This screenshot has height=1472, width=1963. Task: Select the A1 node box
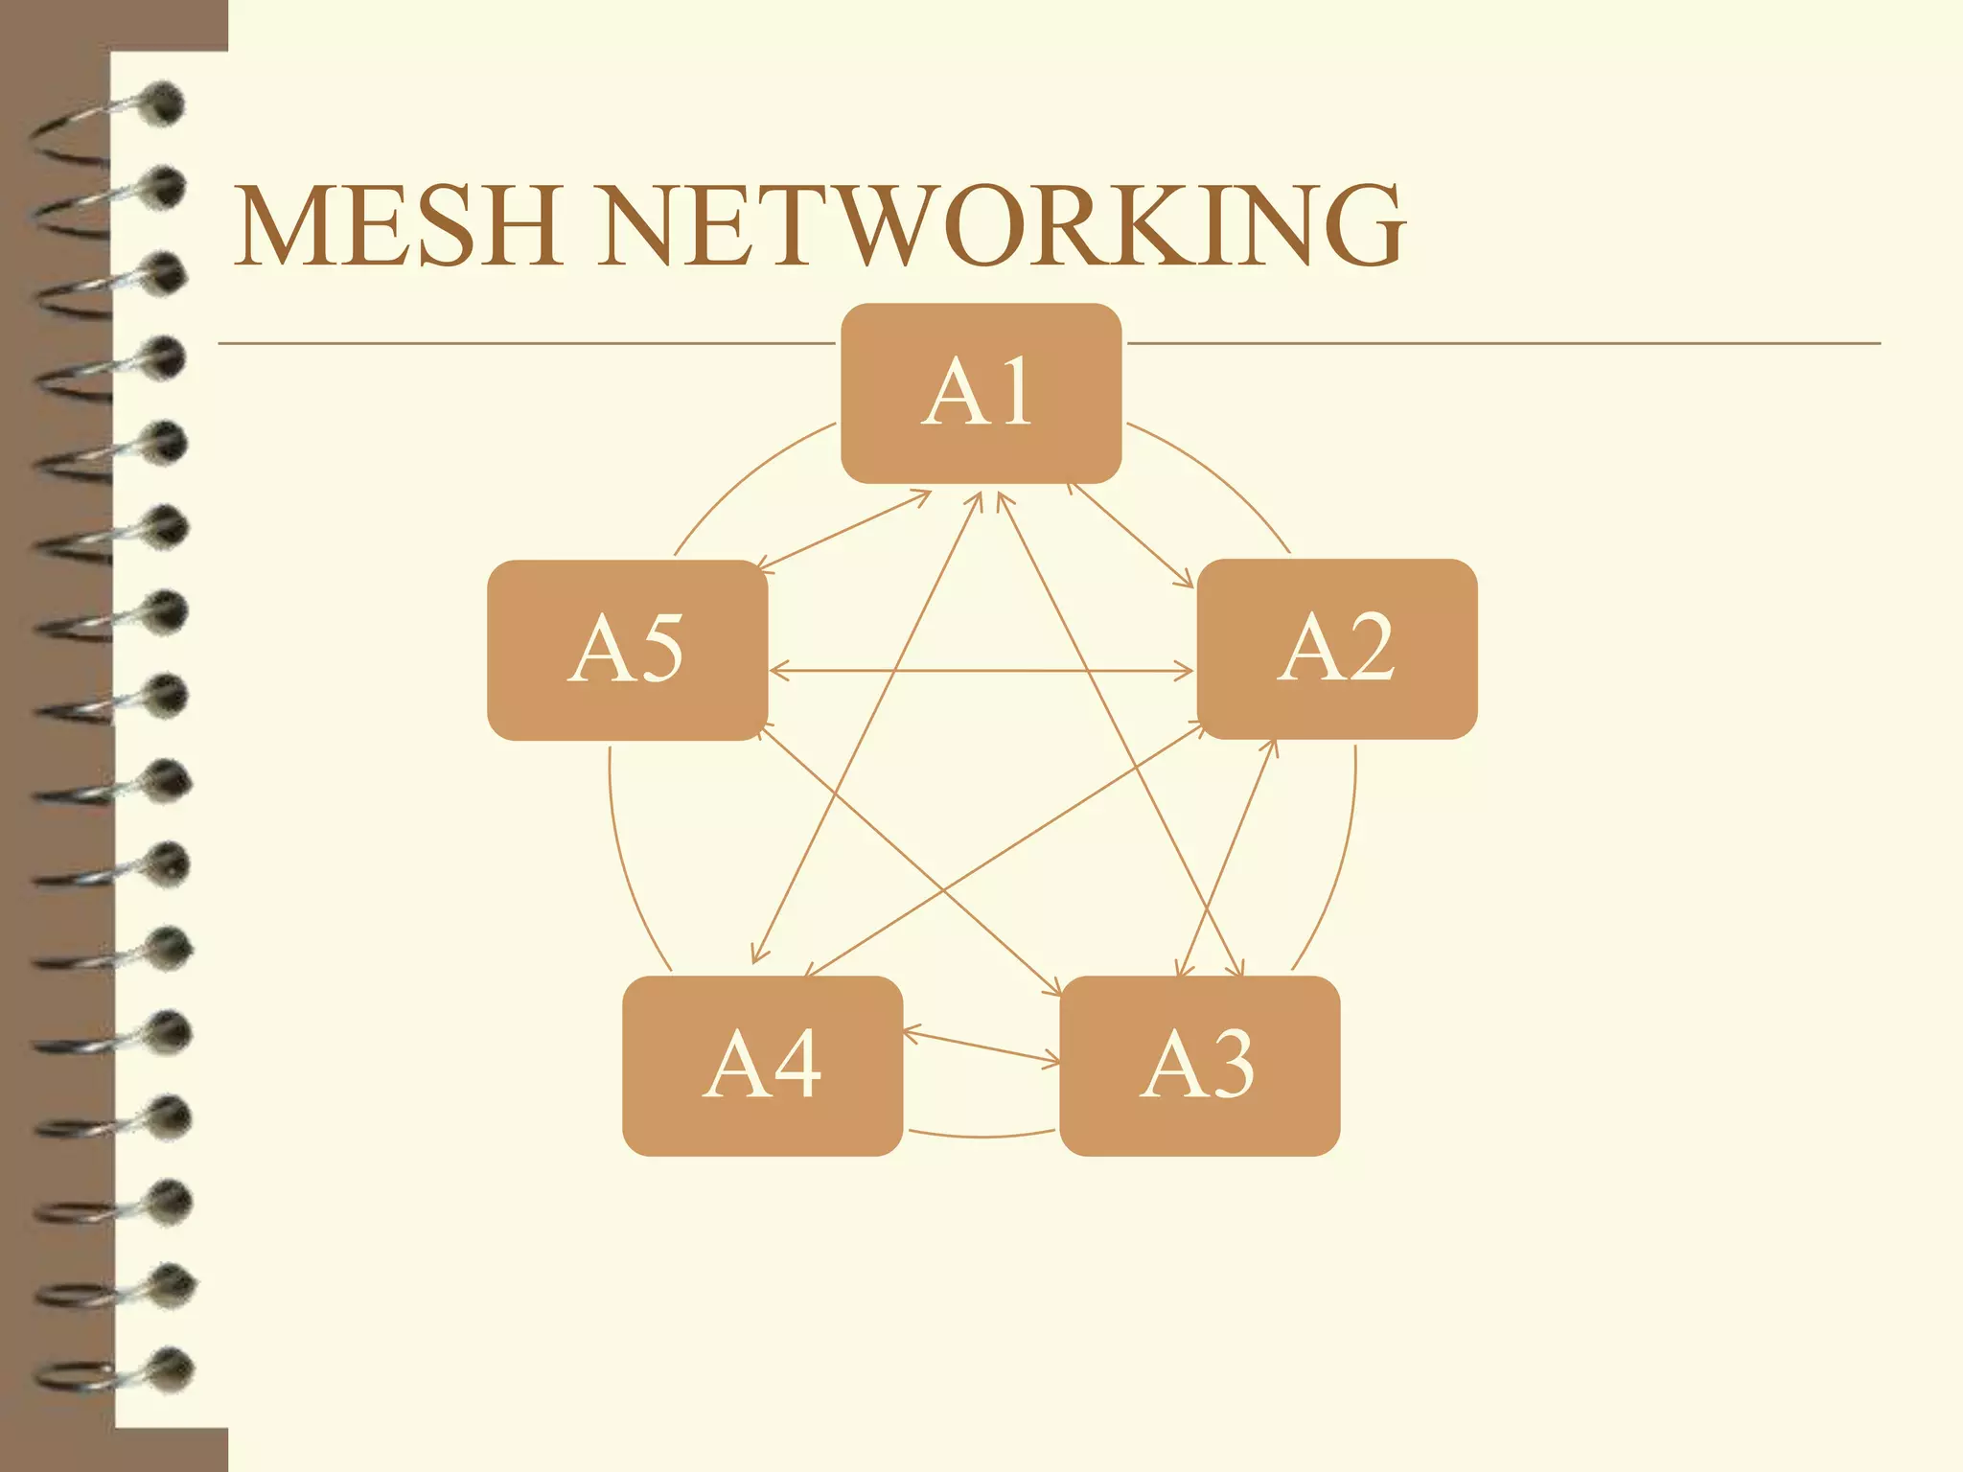click(x=981, y=393)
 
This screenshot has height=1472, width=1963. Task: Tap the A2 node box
click(x=1337, y=649)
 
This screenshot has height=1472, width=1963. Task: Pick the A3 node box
click(x=1199, y=1066)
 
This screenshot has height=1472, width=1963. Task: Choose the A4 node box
click(x=762, y=1066)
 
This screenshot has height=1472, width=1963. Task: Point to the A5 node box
click(x=627, y=650)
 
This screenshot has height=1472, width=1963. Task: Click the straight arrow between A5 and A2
click(x=981, y=671)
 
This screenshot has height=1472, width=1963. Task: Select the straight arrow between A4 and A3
click(x=981, y=1046)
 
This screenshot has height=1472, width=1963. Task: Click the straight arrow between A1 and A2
click(x=1131, y=535)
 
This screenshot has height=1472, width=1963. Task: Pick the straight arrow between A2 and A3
click(x=1228, y=858)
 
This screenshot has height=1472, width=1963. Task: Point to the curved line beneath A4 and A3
click(x=981, y=1137)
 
